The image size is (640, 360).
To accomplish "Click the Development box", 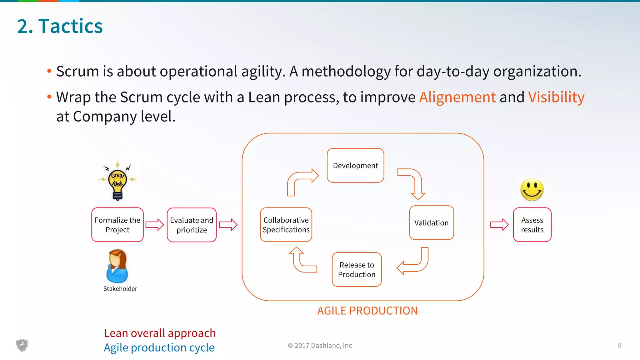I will pos(355,165).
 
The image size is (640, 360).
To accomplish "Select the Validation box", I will pos(431,223).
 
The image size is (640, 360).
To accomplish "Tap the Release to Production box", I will pos(357,269).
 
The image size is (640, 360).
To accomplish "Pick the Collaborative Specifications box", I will pos(286,225).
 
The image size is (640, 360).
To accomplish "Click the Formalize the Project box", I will pos(117,225).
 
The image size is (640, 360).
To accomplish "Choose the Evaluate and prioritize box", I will pos(192,225).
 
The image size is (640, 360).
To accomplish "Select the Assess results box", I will pos(532,225).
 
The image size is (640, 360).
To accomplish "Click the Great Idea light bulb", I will pos(117,181).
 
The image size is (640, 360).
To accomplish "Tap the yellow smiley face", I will pos(532,190).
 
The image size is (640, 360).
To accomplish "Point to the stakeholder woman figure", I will pos(117,266).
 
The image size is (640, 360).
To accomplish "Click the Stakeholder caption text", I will pos(120,289).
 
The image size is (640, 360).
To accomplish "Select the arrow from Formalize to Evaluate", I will pos(155,225).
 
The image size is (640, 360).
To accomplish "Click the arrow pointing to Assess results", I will pos(499,225).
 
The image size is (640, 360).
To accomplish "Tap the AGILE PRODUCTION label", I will pos(367,311).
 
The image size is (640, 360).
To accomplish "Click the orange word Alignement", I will pos(457,97).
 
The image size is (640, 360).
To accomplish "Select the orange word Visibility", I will pos(556,97).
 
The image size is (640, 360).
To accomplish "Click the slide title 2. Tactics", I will pos(60,26).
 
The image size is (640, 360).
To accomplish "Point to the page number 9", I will pos(619,345).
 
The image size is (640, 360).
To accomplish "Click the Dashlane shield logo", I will pos(22,345).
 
